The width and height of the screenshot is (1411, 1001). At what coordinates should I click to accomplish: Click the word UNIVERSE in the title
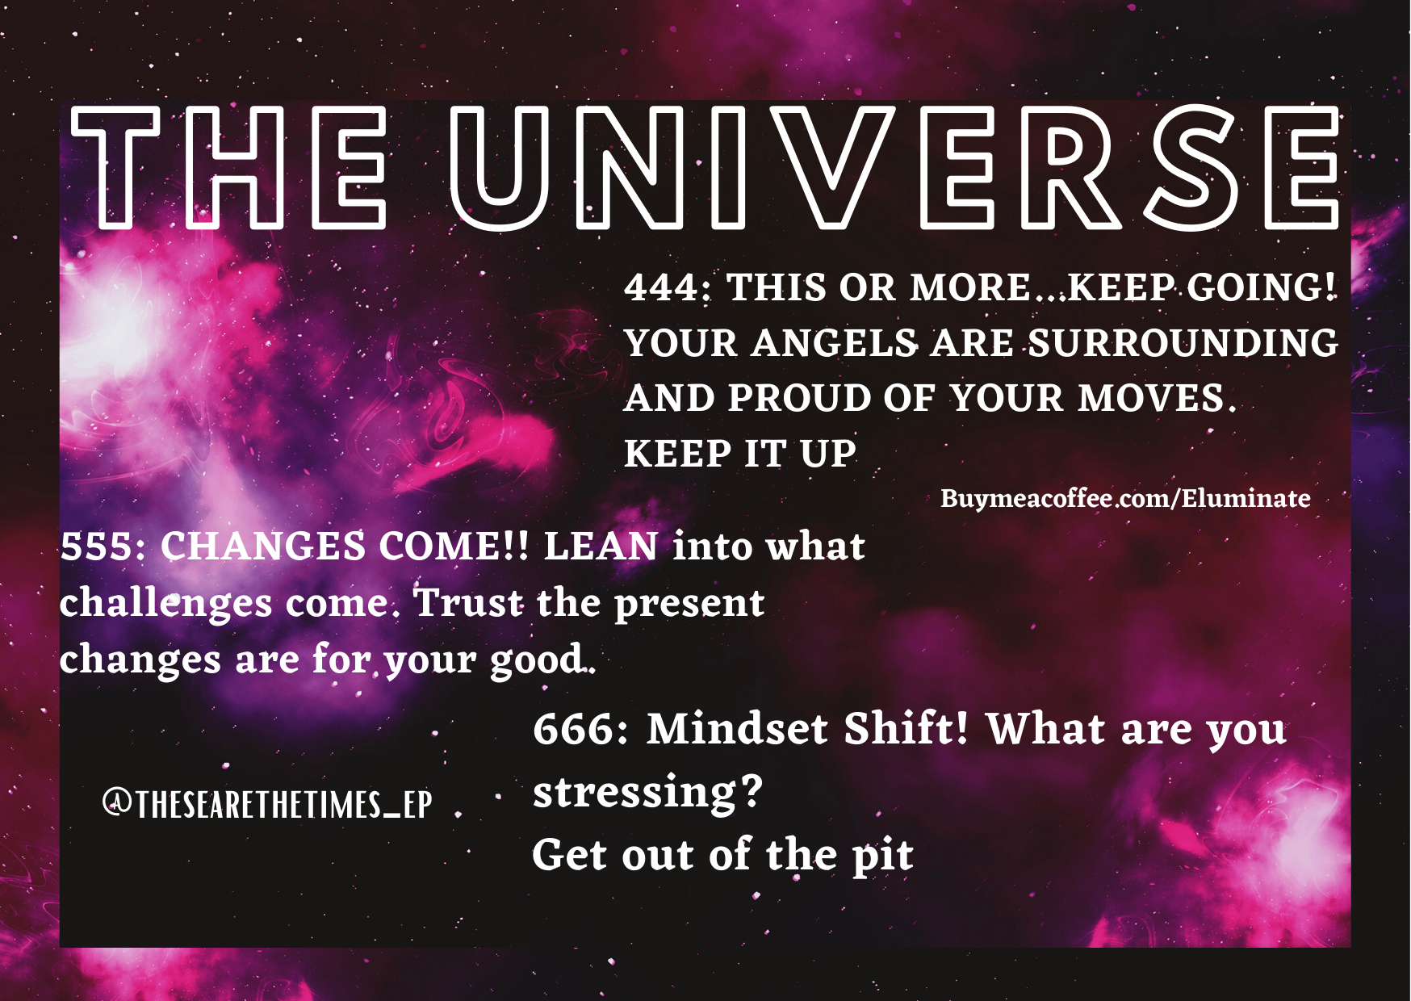coord(894,167)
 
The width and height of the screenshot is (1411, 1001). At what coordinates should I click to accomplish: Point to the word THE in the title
coord(228,167)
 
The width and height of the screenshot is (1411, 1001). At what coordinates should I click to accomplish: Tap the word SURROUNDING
coord(1183,343)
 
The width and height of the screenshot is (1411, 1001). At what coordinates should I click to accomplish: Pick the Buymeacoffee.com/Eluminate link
coord(1125,499)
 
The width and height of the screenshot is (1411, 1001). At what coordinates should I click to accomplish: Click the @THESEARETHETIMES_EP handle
coord(267,805)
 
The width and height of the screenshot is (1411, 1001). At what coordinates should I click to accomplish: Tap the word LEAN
coord(601,547)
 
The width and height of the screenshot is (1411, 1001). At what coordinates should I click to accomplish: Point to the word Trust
coord(468,602)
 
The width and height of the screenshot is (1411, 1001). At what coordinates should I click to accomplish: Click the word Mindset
coord(737,729)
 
